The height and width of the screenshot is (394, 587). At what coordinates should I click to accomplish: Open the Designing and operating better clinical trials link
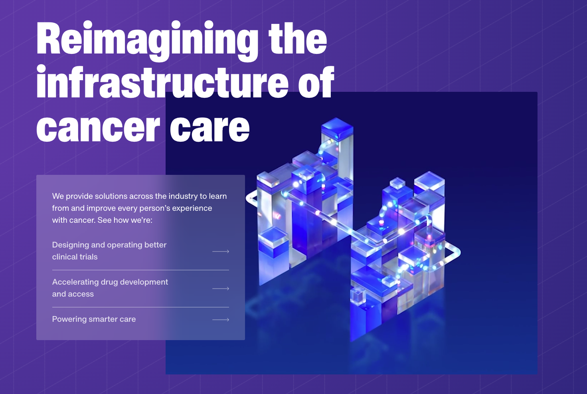109,251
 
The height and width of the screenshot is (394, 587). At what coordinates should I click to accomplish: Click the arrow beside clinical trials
221,251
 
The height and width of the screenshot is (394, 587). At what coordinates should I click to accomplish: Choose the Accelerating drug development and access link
110,288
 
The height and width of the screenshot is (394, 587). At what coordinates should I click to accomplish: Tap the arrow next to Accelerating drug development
221,289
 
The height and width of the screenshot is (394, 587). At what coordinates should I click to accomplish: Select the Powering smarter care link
94,319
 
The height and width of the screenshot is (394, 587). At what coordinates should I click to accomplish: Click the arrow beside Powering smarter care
221,320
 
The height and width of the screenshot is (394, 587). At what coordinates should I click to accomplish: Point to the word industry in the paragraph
183,197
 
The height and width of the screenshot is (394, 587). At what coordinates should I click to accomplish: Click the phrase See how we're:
125,220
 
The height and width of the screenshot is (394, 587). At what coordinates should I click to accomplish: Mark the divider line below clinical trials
140,270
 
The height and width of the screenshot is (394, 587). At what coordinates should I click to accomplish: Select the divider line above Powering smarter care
140,307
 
